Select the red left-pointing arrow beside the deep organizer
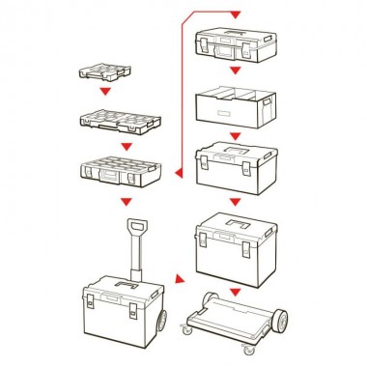179,173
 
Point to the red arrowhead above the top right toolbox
232,14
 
